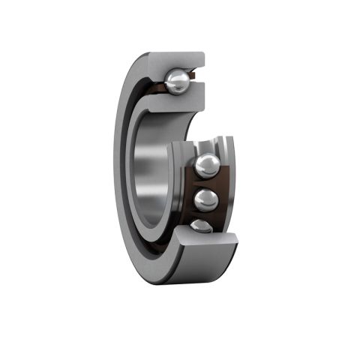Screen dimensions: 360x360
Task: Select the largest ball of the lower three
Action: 208,166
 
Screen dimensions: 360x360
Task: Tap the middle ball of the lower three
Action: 206,199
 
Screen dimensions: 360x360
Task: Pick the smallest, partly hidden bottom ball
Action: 200,226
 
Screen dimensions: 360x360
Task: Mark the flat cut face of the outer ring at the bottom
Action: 206,244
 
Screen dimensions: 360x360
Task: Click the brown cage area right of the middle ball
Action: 223,199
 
